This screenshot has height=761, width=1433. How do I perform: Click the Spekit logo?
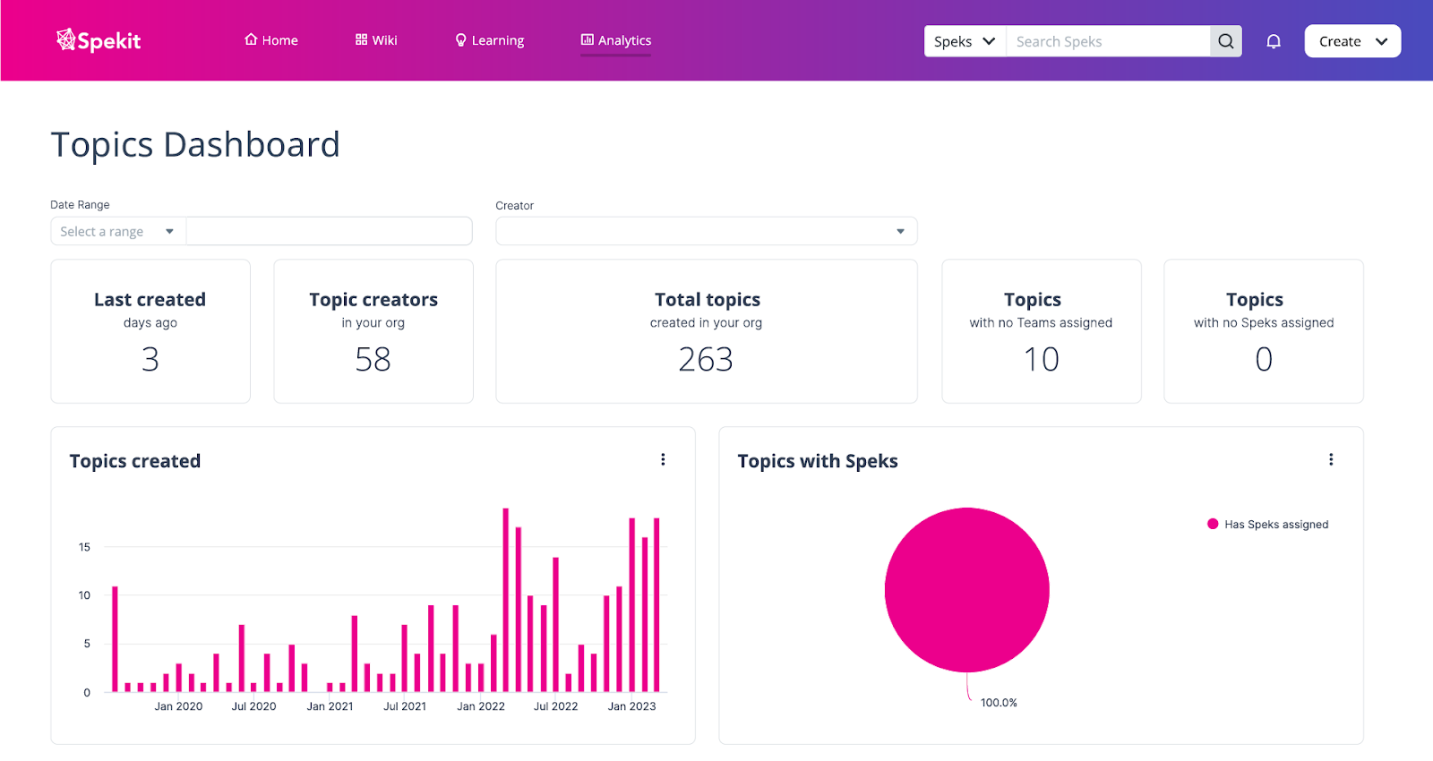[99, 40]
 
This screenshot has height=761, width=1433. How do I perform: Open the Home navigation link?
[270, 40]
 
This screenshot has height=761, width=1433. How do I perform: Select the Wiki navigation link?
[376, 40]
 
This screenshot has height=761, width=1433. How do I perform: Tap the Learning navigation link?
[490, 40]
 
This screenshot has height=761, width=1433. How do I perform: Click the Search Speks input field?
[1107, 41]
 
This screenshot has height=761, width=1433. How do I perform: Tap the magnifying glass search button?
[1226, 41]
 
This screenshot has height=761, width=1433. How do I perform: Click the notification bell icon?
[1274, 41]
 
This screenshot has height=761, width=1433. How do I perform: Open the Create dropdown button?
[1352, 41]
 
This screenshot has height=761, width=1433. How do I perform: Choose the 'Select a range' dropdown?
[117, 232]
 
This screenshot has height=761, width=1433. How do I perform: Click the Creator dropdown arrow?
[900, 232]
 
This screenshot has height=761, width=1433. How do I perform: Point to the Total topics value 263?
[706, 359]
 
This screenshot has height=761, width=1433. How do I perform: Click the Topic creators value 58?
[373, 359]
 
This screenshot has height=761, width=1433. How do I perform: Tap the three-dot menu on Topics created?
[663, 459]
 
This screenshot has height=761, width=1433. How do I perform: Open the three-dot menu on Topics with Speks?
[1331, 459]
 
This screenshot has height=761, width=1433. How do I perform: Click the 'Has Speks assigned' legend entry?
[1275, 525]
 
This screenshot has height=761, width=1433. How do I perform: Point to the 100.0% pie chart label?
[999, 703]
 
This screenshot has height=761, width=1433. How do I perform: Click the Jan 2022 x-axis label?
[481, 706]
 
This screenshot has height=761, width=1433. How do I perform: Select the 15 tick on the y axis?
[84, 547]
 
